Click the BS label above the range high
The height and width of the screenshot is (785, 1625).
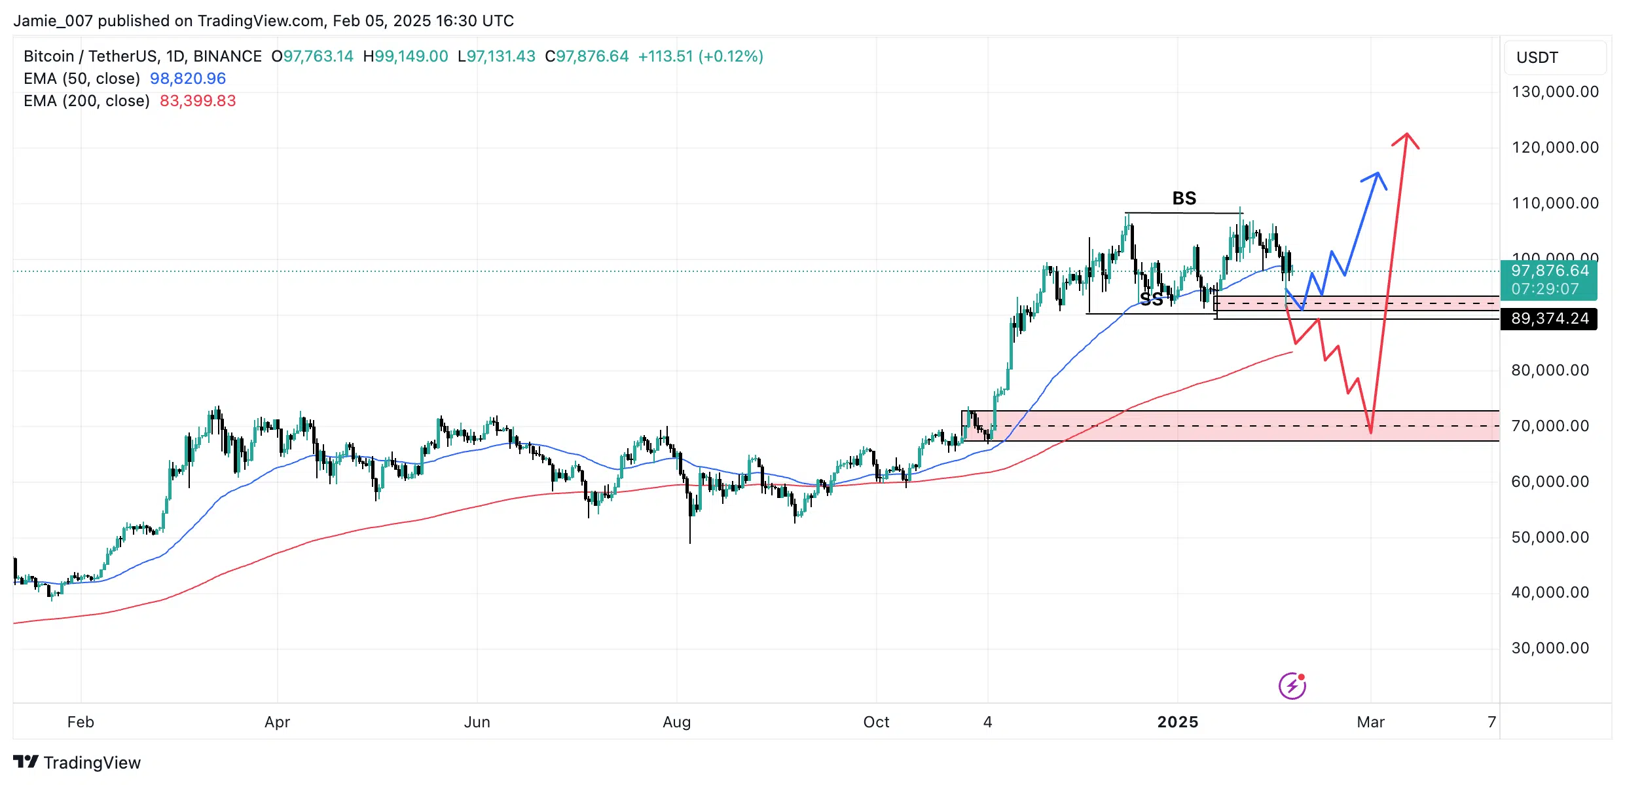tap(1184, 198)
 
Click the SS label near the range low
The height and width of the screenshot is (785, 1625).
tap(1152, 300)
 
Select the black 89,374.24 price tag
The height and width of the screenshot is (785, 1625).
tap(1549, 319)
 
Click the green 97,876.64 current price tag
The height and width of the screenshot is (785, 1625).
tap(1549, 279)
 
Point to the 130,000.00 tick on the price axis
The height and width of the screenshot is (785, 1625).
tap(1555, 92)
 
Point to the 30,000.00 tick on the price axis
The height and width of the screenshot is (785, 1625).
tap(1550, 648)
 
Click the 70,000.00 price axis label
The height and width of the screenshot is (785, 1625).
tap(1550, 426)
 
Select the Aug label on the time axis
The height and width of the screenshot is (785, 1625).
tap(676, 722)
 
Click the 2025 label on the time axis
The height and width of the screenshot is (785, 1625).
tap(1177, 722)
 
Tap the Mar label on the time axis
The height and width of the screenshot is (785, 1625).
tap(1370, 722)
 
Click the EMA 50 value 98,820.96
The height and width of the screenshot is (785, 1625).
tap(188, 79)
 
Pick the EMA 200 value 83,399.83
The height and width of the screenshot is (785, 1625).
tap(198, 101)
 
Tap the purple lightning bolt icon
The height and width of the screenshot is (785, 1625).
tap(1292, 686)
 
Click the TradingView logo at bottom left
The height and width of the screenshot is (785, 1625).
tap(77, 763)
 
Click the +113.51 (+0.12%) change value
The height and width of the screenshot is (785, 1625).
tap(701, 56)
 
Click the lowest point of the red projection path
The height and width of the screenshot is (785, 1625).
tap(1370, 432)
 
